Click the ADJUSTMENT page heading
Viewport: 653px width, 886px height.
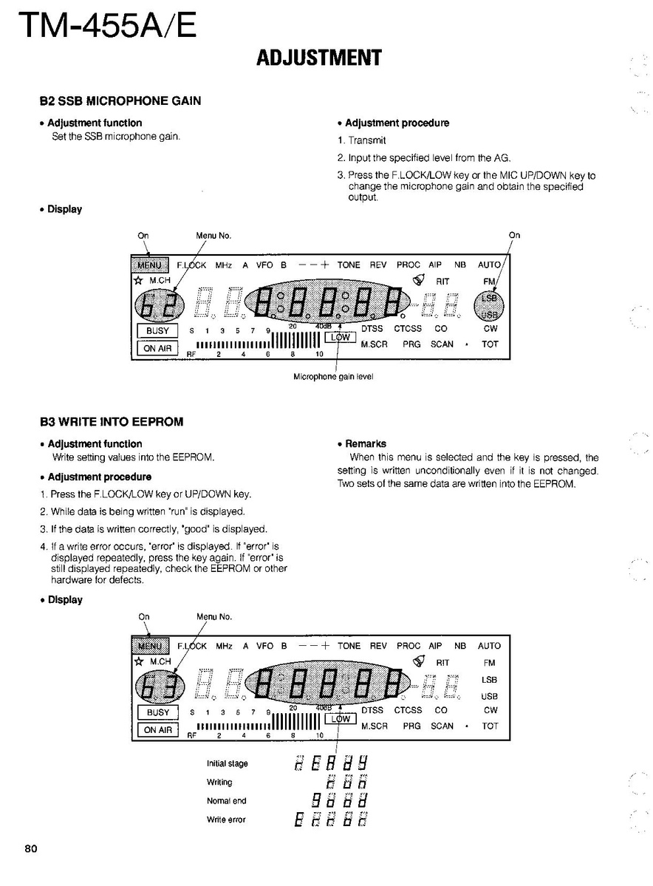(x=318, y=58)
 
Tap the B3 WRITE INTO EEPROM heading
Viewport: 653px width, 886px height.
(x=112, y=422)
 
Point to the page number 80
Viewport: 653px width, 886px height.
(x=30, y=848)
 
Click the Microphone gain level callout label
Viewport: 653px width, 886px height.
(x=333, y=376)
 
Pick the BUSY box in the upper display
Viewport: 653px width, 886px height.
(x=157, y=332)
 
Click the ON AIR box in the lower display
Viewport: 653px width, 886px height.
(x=157, y=730)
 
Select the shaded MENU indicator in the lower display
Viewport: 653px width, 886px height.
(x=151, y=646)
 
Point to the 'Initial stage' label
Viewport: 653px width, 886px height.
(x=227, y=764)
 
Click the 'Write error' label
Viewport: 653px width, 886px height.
(x=226, y=819)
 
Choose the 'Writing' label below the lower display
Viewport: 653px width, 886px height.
(x=219, y=783)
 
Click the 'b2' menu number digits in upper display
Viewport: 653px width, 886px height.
(x=154, y=301)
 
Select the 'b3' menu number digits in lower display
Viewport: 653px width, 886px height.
(x=154, y=684)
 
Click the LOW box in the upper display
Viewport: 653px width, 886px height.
(x=341, y=337)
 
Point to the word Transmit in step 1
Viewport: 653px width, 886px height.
(x=367, y=140)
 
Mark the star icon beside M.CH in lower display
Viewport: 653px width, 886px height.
(x=138, y=661)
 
